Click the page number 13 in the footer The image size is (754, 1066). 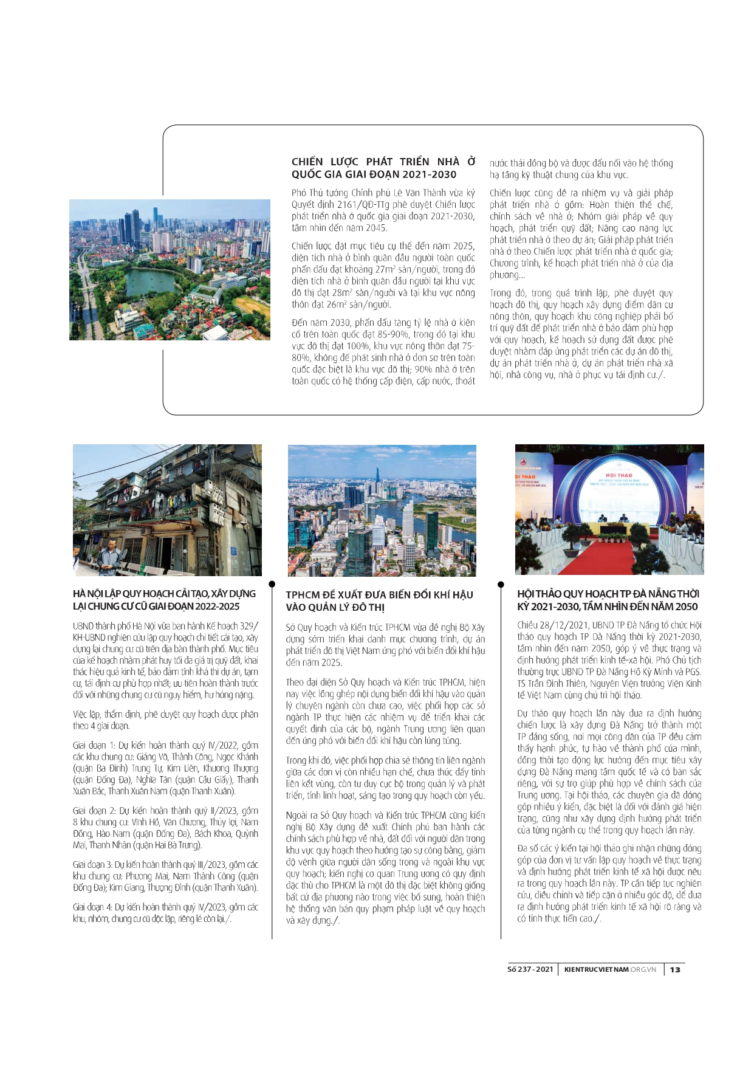point(675,969)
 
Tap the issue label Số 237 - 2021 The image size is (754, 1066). point(530,969)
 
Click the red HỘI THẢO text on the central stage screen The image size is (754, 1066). point(619,475)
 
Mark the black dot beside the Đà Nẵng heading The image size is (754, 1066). point(501,584)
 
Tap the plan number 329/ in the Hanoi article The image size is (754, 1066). point(248,625)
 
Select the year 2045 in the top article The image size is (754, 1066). point(374,228)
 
